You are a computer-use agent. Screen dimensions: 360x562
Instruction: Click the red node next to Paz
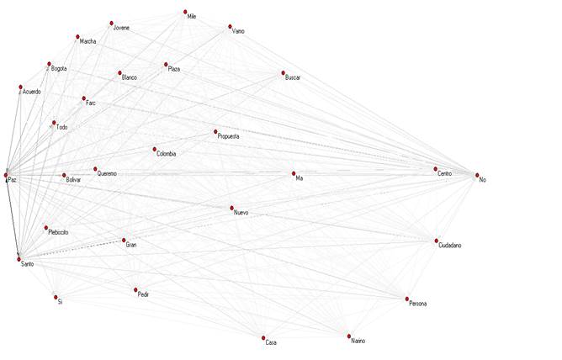pyautogui.click(x=6, y=174)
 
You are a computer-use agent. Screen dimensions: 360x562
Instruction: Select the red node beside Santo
pyautogui.click(x=19, y=256)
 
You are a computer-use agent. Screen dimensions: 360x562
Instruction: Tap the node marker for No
pyautogui.click(x=477, y=175)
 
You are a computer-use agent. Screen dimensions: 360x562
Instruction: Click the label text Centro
pyautogui.click(x=445, y=173)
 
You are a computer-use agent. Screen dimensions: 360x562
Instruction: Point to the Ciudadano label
pyautogui.click(x=449, y=245)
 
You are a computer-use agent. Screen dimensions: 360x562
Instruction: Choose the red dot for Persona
pyautogui.click(x=407, y=299)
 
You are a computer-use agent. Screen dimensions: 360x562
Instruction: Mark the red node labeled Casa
pyautogui.click(x=263, y=338)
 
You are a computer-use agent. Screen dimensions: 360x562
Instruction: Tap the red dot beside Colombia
pyautogui.click(x=155, y=150)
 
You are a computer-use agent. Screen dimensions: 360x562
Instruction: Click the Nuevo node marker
pyautogui.click(x=231, y=208)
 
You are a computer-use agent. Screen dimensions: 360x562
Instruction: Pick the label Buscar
pyautogui.click(x=293, y=77)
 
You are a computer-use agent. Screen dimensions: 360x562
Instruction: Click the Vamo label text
pyautogui.click(x=238, y=31)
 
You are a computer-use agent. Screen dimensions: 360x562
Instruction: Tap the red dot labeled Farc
pyautogui.click(x=83, y=98)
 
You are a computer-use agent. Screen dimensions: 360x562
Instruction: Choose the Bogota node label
pyautogui.click(x=59, y=68)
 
